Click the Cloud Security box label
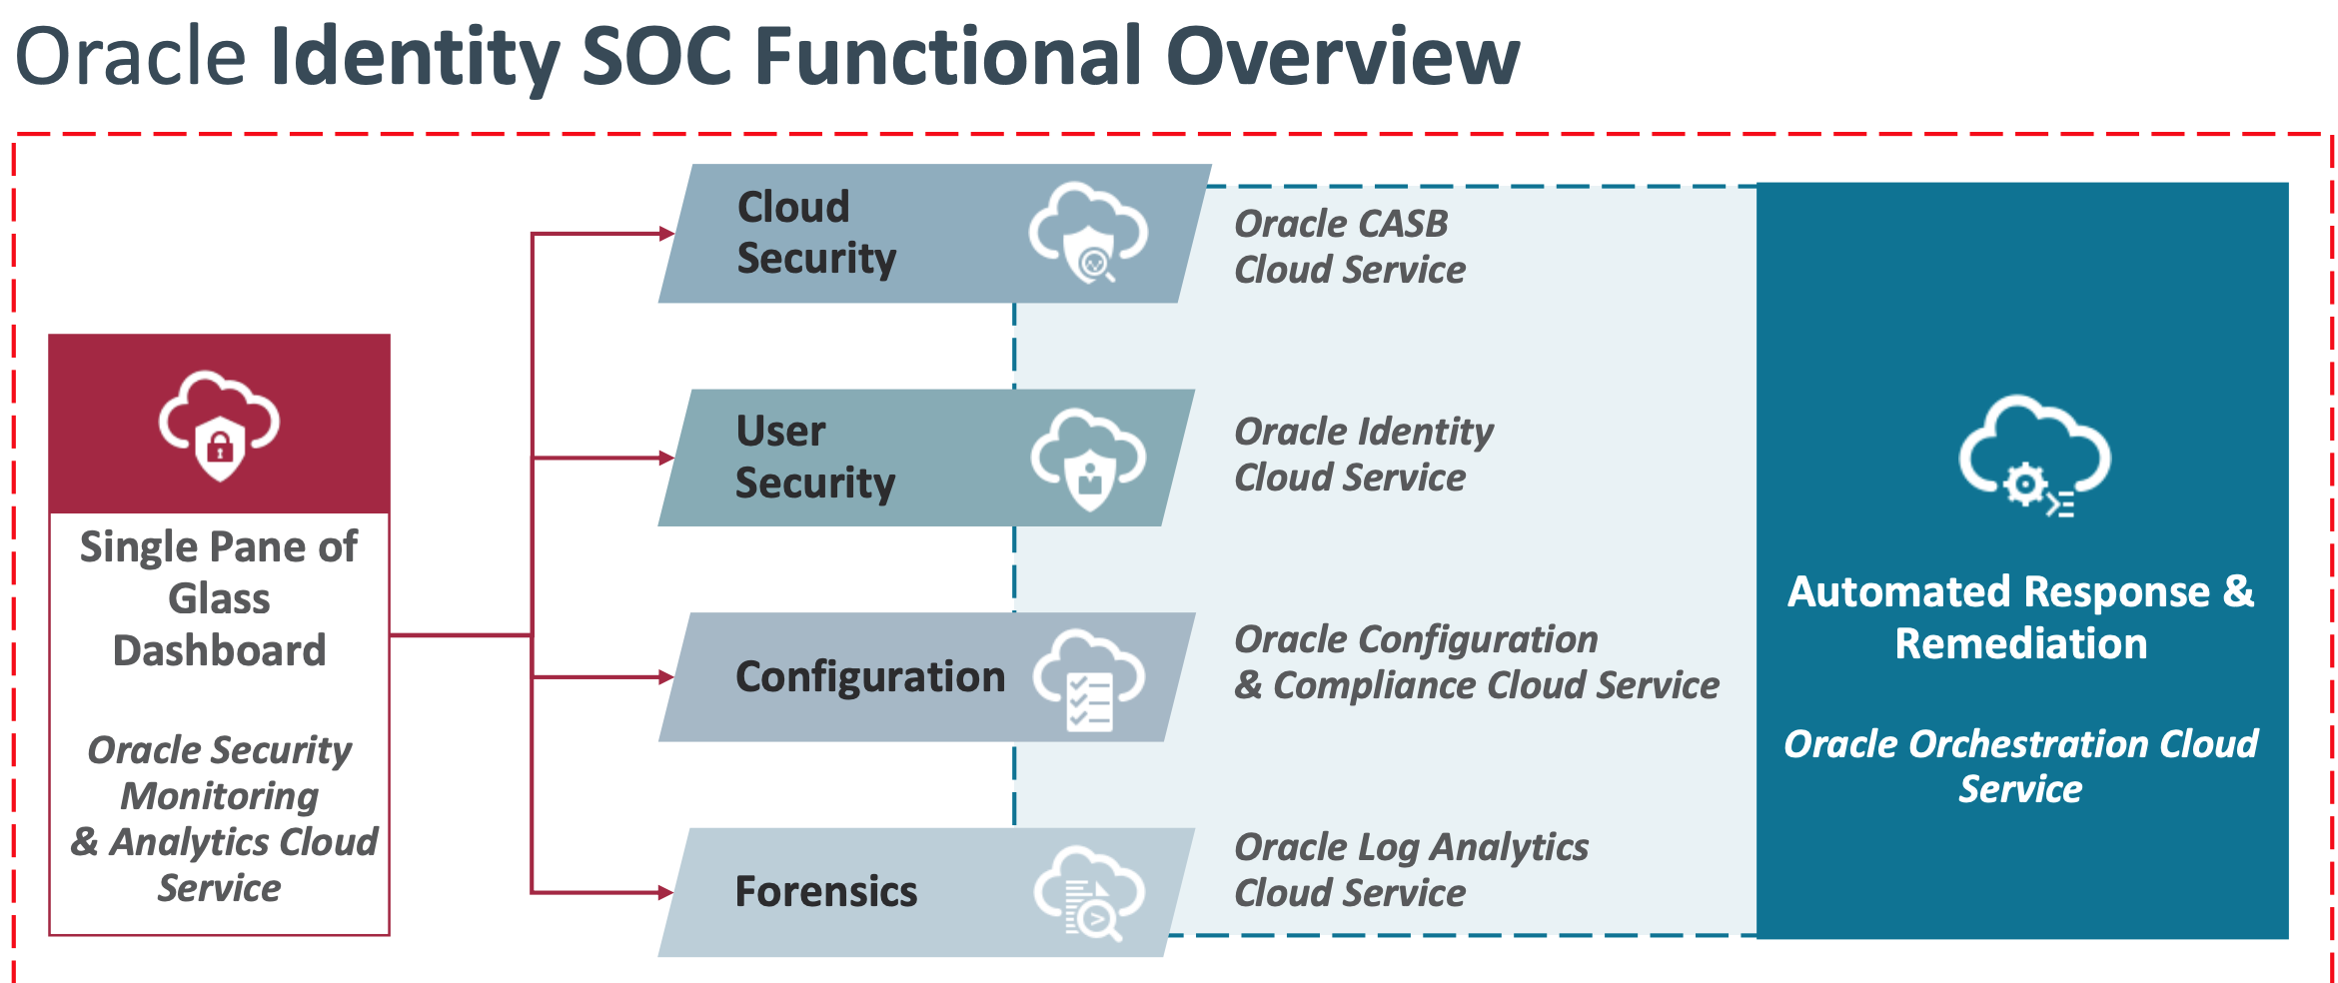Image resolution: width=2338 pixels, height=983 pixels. pyautogui.click(x=815, y=233)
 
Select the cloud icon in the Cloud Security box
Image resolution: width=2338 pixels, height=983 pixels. pyautogui.click(x=1088, y=233)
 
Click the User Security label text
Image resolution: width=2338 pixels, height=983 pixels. pyautogui.click(x=814, y=457)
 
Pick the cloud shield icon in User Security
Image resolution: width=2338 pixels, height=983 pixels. pyautogui.click(x=1088, y=458)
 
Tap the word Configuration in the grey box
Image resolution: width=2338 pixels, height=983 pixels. pyautogui.click(x=869, y=676)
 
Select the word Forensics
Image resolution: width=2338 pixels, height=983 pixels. pyautogui.click(x=825, y=891)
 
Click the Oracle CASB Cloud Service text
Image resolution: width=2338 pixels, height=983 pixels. pyautogui.click(x=1349, y=247)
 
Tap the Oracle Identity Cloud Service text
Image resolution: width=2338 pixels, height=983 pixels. pyautogui.click(x=1363, y=455)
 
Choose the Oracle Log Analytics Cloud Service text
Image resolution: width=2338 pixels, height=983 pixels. pyautogui.click(x=1410, y=869)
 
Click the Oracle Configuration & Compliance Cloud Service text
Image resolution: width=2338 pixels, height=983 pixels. pyautogui.click(x=1476, y=662)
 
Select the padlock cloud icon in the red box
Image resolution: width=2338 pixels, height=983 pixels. pyautogui.click(x=219, y=425)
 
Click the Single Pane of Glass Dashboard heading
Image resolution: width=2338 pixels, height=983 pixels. pyautogui.click(x=219, y=598)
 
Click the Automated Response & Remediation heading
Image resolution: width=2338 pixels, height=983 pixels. pyautogui.click(x=2020, y=617)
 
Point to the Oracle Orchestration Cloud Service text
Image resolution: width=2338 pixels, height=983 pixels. pyautogui.click(x=2020, y=766)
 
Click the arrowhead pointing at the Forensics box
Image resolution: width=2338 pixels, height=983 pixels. pyautogui.click(x=665, y=892)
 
